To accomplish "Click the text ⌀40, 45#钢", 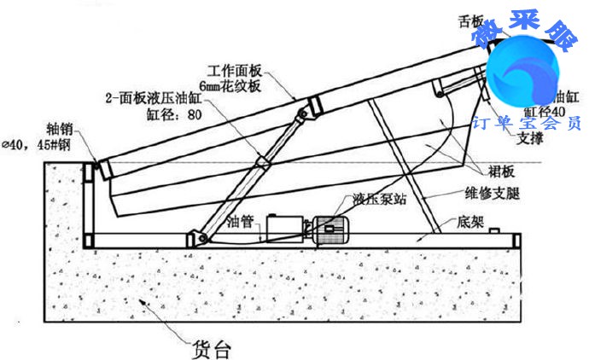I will (39, 145).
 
